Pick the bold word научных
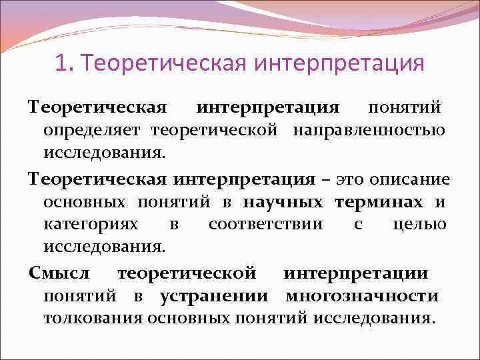click(x=283, y=202)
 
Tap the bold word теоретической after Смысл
click(x=186, y=273)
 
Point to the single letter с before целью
click(x=358, y=225)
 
